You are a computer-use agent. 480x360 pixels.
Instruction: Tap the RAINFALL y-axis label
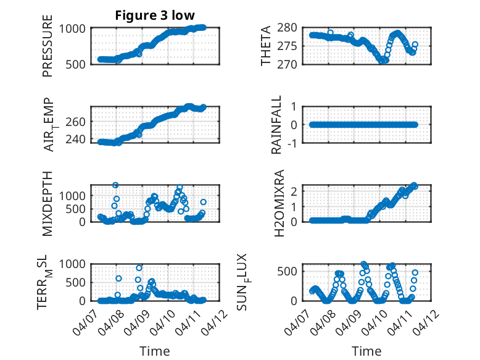click(x=277, y=125)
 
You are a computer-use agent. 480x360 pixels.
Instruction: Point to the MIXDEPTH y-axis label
click(x=48, y=203)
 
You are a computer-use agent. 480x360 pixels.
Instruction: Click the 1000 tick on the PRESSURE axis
click(x=73, y=28)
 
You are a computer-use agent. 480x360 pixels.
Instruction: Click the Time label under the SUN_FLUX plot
click(x=366, y=351)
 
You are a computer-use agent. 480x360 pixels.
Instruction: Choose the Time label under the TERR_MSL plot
click(x=155, y=351)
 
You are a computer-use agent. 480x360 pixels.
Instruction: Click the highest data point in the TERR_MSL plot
click(x=139, y=268)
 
